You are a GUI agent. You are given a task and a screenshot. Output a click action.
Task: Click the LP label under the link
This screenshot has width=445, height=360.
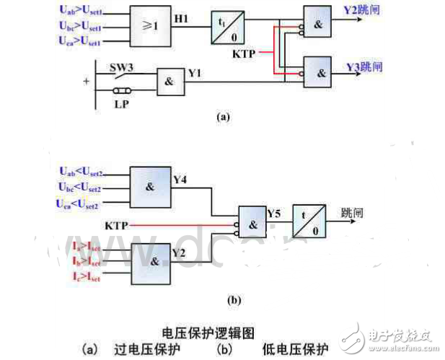click(121, 105)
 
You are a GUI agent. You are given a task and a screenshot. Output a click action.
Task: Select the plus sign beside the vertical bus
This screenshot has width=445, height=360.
click(87, 82)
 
